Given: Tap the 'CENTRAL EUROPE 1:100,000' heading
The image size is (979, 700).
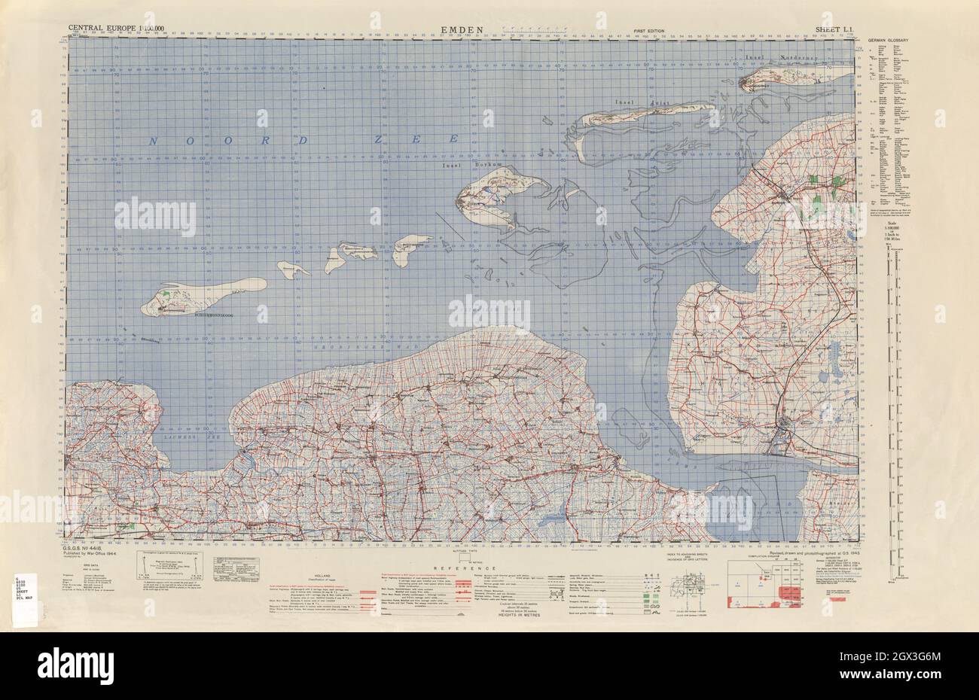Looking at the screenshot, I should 116,29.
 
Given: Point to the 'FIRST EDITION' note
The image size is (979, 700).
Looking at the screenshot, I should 649,31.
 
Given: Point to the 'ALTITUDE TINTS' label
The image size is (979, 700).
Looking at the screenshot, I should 469,550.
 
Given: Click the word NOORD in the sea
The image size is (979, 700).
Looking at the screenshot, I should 226,140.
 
